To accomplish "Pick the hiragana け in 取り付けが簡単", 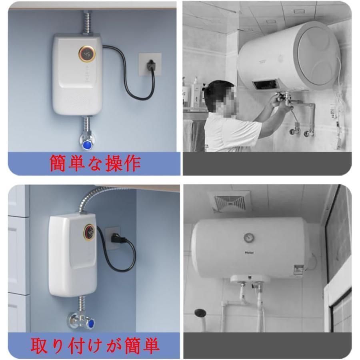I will tap(86, 345).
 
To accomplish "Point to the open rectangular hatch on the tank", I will tap(266, 84).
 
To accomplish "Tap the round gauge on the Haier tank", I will tap(249, 238).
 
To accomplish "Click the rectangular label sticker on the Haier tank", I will tap(298, 269).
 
